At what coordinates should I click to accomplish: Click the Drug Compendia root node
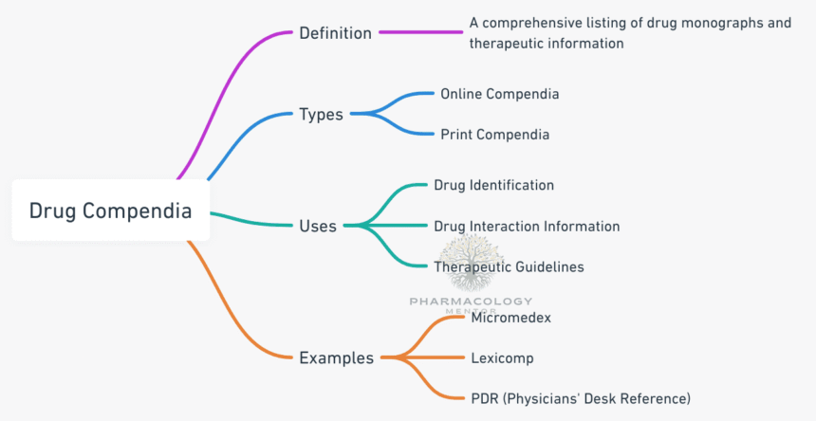pyautogui.click(x=110, y=210)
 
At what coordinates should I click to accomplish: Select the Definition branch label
pyautogui.click(x=335, y=33)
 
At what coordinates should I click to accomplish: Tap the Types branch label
pyautogui.click(x=322, y=115)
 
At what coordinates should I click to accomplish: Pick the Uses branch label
pyautogui.click(x=318, y=226)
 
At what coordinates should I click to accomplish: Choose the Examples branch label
pyautogui.click(x=337, y=357)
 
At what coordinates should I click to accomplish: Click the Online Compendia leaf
pyautogui.click(x=499, y=94)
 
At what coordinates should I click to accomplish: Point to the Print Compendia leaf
pyautogui.click(x=494, y=135)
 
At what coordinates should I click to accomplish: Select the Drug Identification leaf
pyautogui.click(x=493, y=185)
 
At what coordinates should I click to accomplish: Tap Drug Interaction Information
pyautogui.click(x=527, y=227)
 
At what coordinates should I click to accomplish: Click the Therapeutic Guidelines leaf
pyautogui.click(x=509, y=266)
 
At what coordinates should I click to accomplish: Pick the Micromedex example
pyautogui.click(x=510, y=318)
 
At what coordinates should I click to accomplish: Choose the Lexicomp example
pyautogui.click(x=502, y=357)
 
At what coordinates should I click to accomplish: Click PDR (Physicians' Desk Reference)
pyautogui.click(x=581, y=397)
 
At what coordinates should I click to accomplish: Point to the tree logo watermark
pyautogui.click(x=471, y=263)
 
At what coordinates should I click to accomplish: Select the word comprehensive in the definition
pyautogui.click(x=530, y=23)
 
